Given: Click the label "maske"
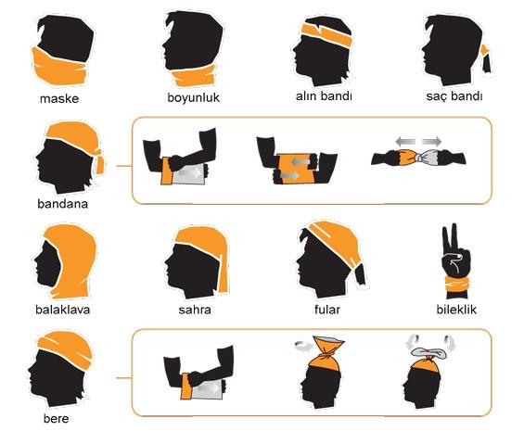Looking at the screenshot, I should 58,97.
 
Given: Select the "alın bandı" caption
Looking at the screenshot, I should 326,96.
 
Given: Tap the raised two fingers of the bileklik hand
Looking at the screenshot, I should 454,235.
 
